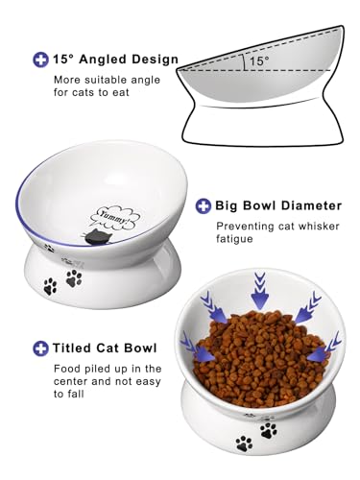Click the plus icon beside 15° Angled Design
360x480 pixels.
pyautogui.click(x=41, y=60)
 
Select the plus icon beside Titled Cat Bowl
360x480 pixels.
pyautogui.click(x=41, y=348)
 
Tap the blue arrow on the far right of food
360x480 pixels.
pyautogui.click(x=328, y=341)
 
